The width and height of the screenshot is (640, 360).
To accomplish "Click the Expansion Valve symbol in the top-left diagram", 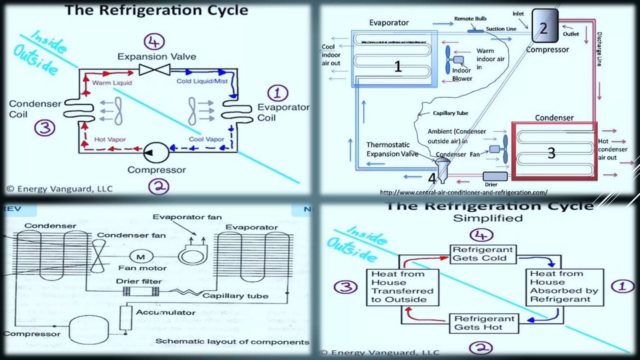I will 154,70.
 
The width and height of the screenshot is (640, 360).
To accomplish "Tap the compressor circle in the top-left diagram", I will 156,152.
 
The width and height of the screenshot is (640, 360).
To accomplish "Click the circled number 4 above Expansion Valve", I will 154,42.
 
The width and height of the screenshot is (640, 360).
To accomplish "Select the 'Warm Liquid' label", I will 112,83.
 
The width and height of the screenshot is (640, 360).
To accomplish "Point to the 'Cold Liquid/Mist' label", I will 202,81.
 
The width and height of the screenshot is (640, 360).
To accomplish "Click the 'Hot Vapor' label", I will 110,139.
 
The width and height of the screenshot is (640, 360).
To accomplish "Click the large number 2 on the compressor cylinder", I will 543,28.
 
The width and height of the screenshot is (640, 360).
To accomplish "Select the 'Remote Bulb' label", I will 470,19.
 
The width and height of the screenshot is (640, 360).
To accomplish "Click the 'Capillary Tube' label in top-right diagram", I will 450,113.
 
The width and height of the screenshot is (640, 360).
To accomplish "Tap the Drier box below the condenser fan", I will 495,176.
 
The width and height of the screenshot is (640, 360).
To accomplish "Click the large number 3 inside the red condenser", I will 551,153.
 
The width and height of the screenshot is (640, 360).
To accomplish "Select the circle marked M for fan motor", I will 141,257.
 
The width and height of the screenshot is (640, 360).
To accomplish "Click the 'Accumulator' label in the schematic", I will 166,312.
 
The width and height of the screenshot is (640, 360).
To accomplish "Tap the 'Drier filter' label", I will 139,281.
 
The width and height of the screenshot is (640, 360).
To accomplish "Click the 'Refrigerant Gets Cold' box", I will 483,254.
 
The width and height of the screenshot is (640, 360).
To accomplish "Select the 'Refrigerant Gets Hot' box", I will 484,323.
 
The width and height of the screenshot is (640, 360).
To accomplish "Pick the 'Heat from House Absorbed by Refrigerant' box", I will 564,287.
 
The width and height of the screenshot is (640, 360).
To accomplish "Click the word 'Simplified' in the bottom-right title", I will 488,218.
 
